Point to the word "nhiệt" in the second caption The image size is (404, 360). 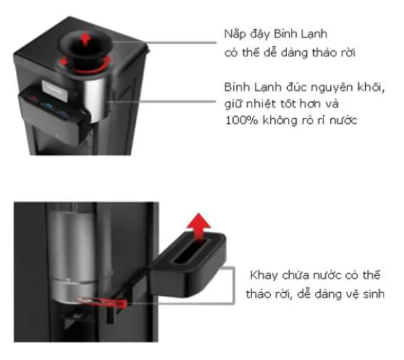click(x=258, y=103)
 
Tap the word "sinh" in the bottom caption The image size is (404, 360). click(x=374, y=294)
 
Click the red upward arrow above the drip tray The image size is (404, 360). click(x=199, y=226)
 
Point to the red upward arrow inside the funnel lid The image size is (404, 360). click(x=86, y=40)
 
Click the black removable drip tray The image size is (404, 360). click(x=187, y=265)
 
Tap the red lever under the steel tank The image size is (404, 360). click(x=103, y=302)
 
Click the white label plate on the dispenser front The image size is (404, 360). click(x=55, y=89)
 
